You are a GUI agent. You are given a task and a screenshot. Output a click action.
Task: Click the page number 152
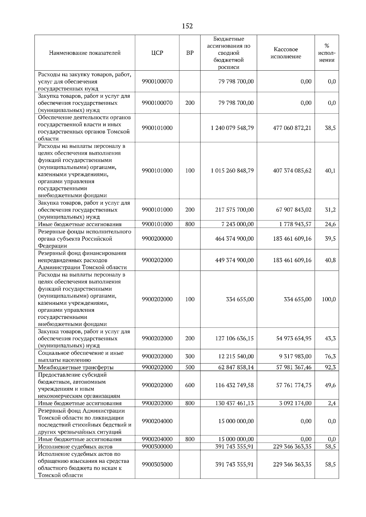[x=187, y=26]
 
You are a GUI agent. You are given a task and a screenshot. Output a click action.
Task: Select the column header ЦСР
[x=157, y=53]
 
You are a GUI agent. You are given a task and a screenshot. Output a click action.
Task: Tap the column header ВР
[x=190, y=53]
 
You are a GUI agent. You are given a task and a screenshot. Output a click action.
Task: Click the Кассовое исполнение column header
[x=285, y=53]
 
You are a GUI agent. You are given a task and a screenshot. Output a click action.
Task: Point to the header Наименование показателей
[x=85, y=53]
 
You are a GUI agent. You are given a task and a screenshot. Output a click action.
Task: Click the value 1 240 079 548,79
[x=232, y=128]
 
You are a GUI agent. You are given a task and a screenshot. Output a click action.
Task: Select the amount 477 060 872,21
[x=292, y=128]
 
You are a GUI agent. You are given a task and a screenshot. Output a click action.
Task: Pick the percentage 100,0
[x=328, y=299]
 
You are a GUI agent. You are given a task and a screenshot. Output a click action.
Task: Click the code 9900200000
[x=157, y=239]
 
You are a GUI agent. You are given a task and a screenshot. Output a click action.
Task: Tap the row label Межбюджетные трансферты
[x=76, y=368]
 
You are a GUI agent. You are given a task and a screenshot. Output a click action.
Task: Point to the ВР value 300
[x=190, y=356]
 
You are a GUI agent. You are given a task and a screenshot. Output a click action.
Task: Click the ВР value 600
[x=190, y=385]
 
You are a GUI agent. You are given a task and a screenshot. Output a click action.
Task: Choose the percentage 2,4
[x=332, y=403]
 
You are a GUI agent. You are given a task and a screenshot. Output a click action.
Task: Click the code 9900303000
[x=157, y=465]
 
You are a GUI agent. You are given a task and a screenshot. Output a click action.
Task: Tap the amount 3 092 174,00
[x=295, y=403]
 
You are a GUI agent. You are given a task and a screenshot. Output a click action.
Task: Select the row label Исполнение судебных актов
[x=75, y=447]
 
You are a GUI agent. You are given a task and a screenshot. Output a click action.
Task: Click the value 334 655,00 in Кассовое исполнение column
[x=298, y=299]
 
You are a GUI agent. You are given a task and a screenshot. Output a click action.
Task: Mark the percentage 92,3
[x=330, y=368]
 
